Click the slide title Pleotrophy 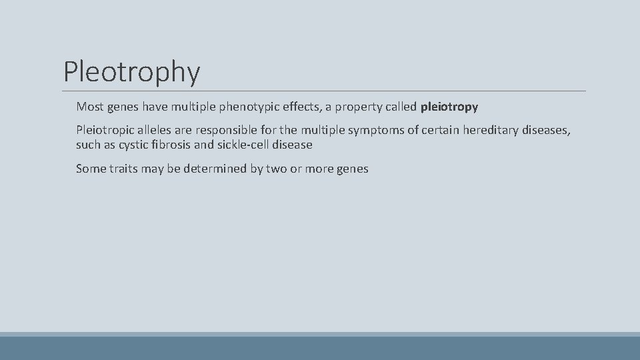pyautogui.click(x=131, y=71)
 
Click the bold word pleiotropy pyautogui.click(x=449, y=106)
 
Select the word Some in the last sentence pyautogui.click(x=90, y=169)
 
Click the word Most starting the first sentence pyautogui.click(x=90, y=106)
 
